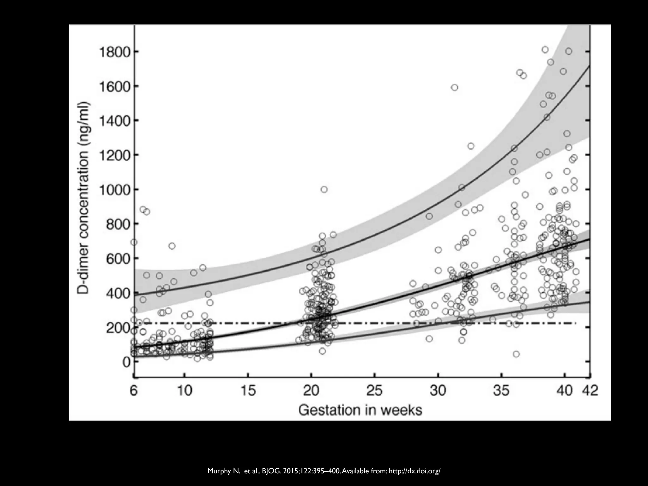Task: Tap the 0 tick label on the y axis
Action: (x=126, y=362)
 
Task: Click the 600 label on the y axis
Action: (x=118, y=259)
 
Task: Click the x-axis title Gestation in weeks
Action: (x=360, y=410)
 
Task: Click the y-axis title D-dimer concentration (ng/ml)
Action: (x=84, y=198)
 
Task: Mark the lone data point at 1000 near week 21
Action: (x=324, y=190)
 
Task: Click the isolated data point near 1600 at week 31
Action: (x=455, y=88)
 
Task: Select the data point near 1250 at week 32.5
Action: (x=471, y=146)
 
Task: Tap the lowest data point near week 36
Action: (x=516, y=354)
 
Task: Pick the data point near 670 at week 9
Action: (x=172, y=246)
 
